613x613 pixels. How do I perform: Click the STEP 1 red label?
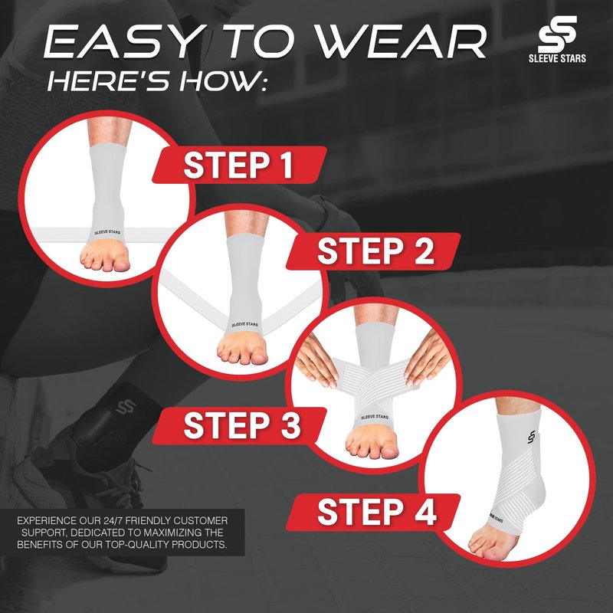tap(239, 165)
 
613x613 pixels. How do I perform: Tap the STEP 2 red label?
tap(373, 251)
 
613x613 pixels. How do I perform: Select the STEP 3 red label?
tap(239, 426)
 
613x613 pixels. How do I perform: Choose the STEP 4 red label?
tap(373, 512)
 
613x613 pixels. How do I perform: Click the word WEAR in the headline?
tap(401, 41)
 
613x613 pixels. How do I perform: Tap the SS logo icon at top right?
tap(558, 34)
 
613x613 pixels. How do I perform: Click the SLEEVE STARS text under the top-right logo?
tap(558, 58)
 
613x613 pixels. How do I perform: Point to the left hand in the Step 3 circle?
tap(316, 359)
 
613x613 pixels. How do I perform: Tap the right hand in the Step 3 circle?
tap(427, 356)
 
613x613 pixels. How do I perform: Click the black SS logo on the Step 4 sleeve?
tap(531, 437)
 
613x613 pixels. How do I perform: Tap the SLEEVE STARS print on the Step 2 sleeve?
tap(244, 324)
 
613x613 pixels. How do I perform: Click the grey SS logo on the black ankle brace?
tap(126, 406)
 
